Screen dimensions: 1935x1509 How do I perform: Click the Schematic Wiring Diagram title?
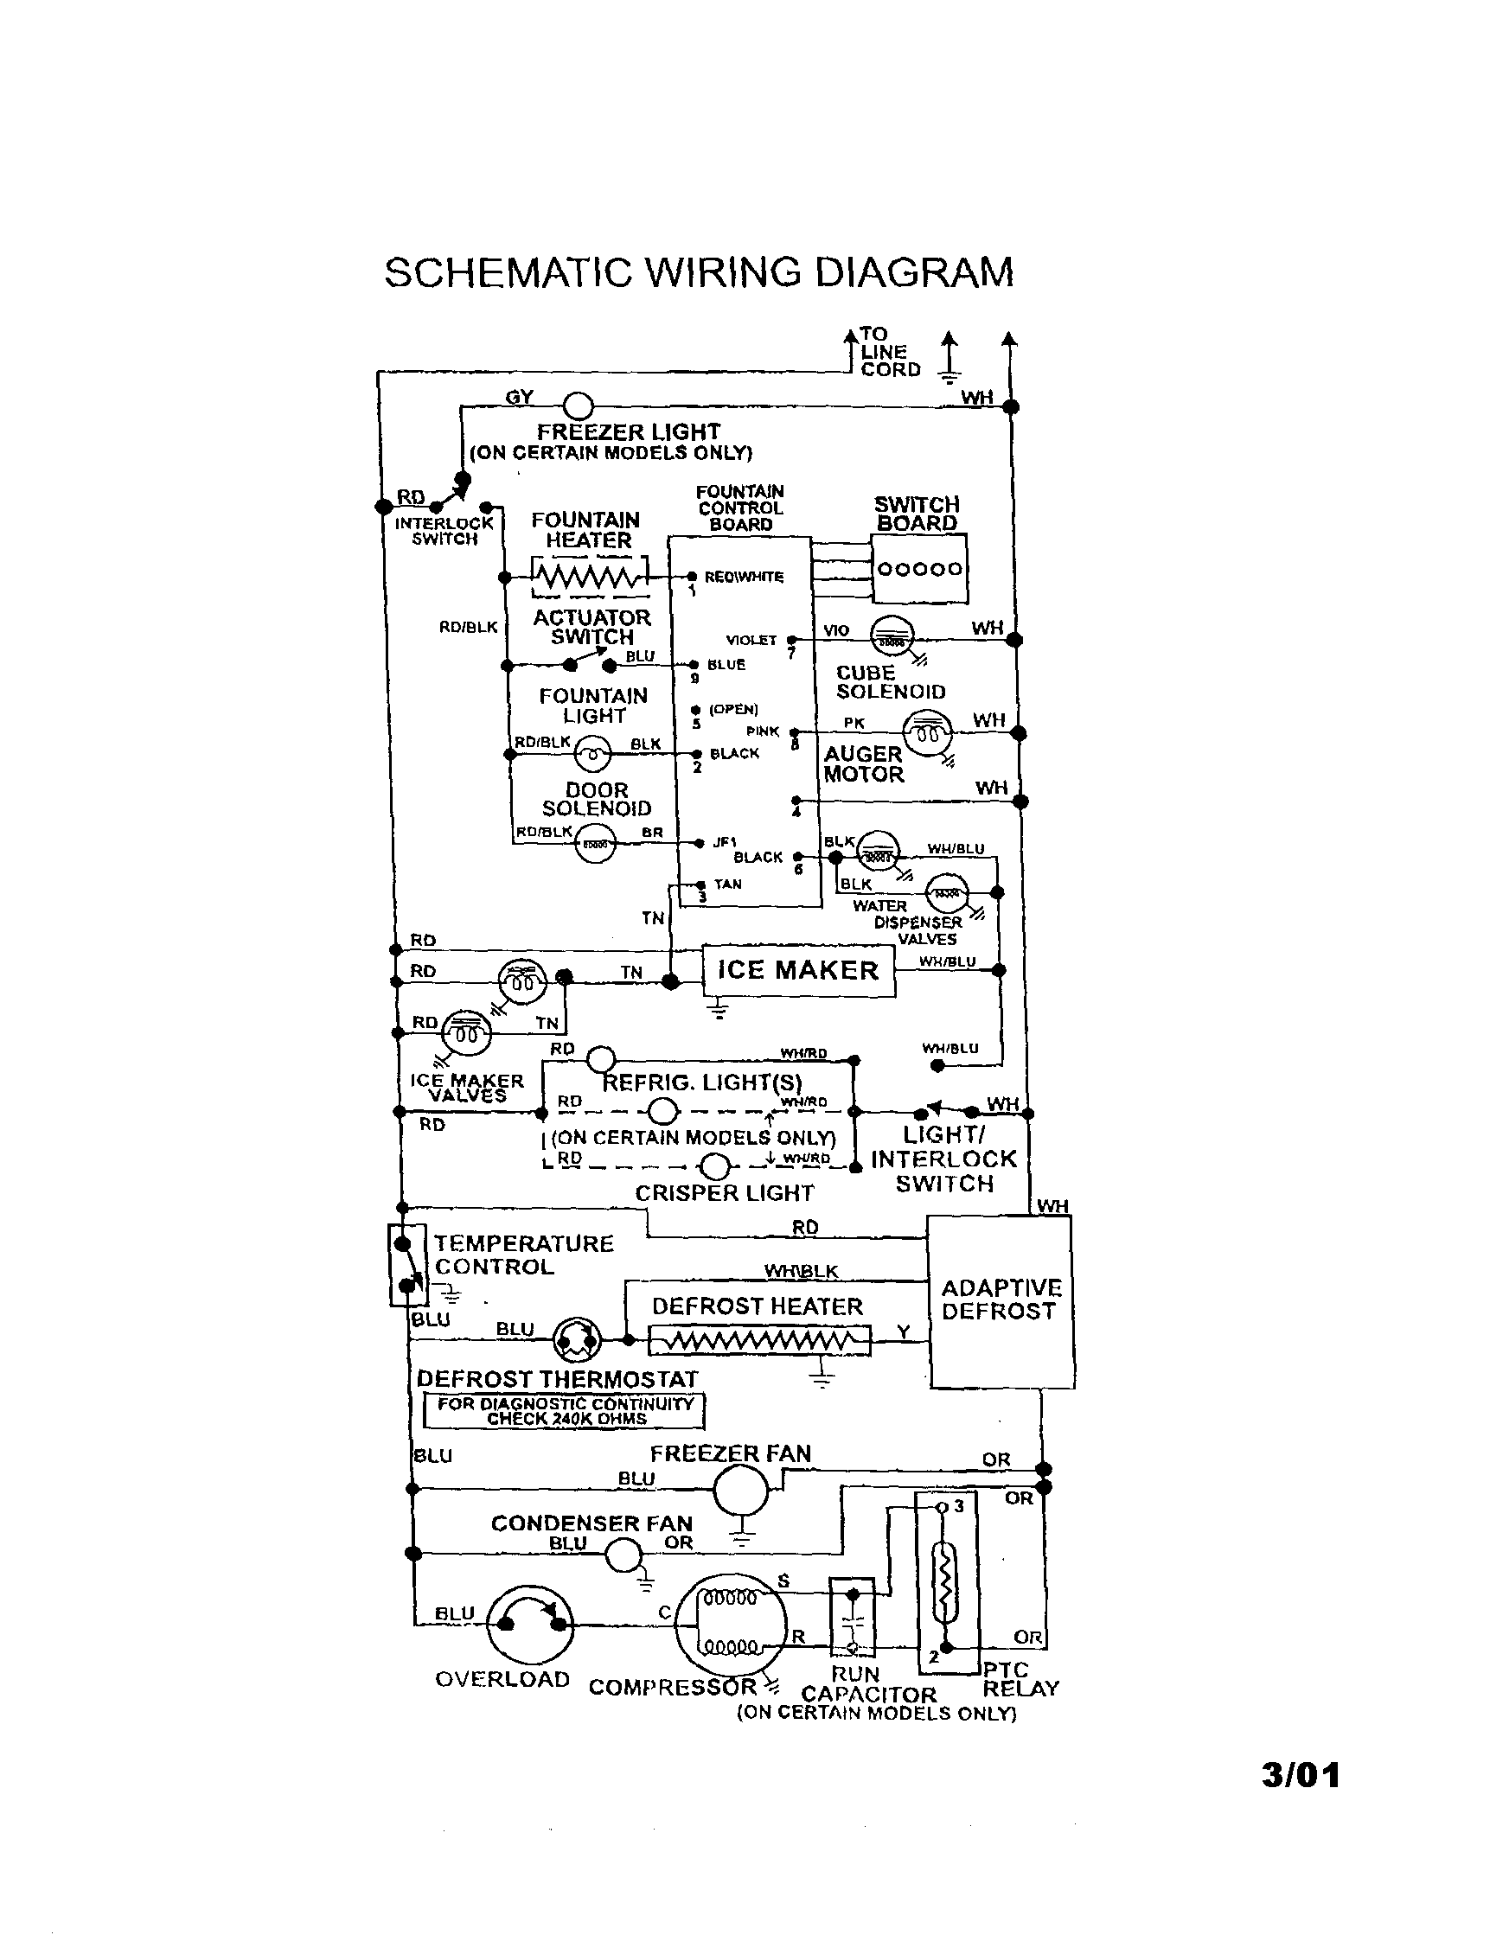pos(699,272)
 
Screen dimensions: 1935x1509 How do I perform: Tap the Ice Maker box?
pos(798,970)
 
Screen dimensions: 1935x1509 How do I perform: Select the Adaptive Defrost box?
pos(1000,1300)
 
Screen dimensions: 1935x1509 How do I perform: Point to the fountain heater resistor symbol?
pos(589,577)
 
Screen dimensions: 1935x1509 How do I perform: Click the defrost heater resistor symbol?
pos(759,1340)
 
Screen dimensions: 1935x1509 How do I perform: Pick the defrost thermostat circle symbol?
pos(576,1339)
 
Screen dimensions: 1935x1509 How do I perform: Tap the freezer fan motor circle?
pos(741,1491)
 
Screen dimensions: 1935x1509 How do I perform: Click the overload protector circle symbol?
pos(531,1623)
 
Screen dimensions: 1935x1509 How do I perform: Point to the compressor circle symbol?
pos(731,1624)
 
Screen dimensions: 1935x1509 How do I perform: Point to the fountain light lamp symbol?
pos(592,754)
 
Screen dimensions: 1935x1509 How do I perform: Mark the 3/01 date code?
pos(1300,1775)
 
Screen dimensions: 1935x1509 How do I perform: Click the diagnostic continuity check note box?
pos(565,1410)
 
